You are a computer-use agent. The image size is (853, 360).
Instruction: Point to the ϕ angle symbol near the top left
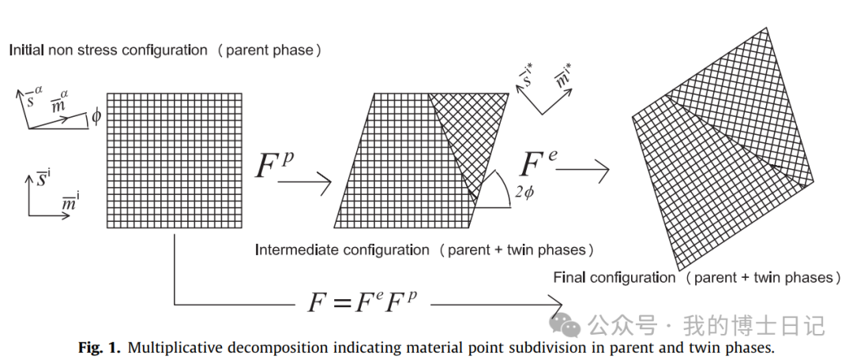point(96,117)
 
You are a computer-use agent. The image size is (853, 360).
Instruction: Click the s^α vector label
point(32,97)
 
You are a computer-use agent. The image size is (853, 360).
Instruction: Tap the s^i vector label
point(44,178)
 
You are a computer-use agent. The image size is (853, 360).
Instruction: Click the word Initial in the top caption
point(25,50)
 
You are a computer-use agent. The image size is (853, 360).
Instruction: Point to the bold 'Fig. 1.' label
point(100,347)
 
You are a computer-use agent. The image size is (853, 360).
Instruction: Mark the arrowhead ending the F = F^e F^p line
point(554,304)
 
